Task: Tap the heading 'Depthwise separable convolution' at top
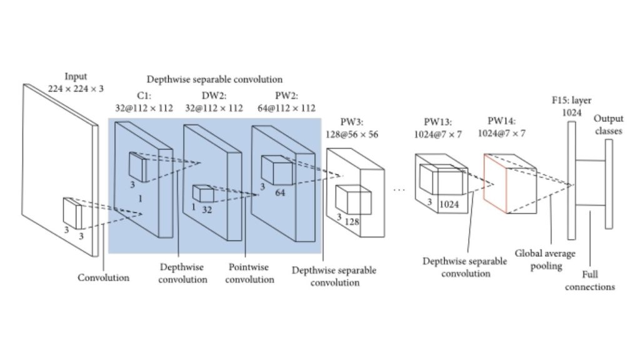pyautogui.click(x=214, y=80)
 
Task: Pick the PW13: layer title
pyautogui.click(x=441, y=122)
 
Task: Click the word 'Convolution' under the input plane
pyautogui.click(x=104, y=277)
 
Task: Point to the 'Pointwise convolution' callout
pyautogui.click(x=249, y=273)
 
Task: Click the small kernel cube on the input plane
pyautogui.click(x=72, y=213)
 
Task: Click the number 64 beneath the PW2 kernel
pyautogui.click(x=279, y=192)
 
